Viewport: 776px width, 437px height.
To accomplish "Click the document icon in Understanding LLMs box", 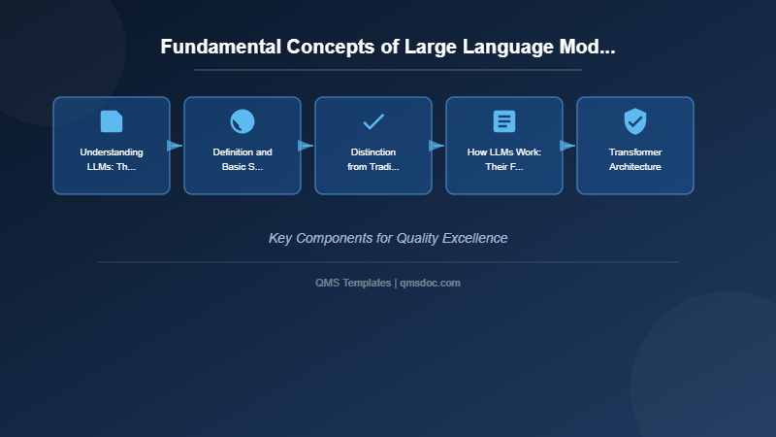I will (x=112, y=121).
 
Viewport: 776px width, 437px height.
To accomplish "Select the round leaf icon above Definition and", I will (x=242, y=121).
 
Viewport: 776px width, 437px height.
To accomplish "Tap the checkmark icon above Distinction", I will (x=373, y=121).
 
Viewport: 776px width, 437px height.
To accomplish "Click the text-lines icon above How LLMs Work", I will (x=504, y=121).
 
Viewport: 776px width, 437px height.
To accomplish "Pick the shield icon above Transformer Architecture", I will (x=635, y=121).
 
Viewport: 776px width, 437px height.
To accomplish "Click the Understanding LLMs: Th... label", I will (x=112, y=159).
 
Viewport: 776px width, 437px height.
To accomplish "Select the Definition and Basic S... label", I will (x=242, y=159).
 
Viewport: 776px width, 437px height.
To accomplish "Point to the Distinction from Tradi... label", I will (x=373, y=159).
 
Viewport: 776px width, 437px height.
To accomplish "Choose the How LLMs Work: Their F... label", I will (x=504, y=159).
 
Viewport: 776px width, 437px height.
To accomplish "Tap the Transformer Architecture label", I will (x=635, y=159).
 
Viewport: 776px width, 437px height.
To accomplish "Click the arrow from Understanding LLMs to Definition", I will (x=175, y=146).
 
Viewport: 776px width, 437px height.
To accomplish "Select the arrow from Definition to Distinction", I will (x=306, y=146).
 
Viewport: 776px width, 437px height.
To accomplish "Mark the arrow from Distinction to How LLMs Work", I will (x=436, y=146).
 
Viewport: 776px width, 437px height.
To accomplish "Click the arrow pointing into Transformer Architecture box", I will (x=567, y=146).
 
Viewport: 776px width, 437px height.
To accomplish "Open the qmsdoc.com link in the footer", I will (x=431, y=283).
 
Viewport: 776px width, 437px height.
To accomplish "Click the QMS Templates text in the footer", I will (x=353, y=283).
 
